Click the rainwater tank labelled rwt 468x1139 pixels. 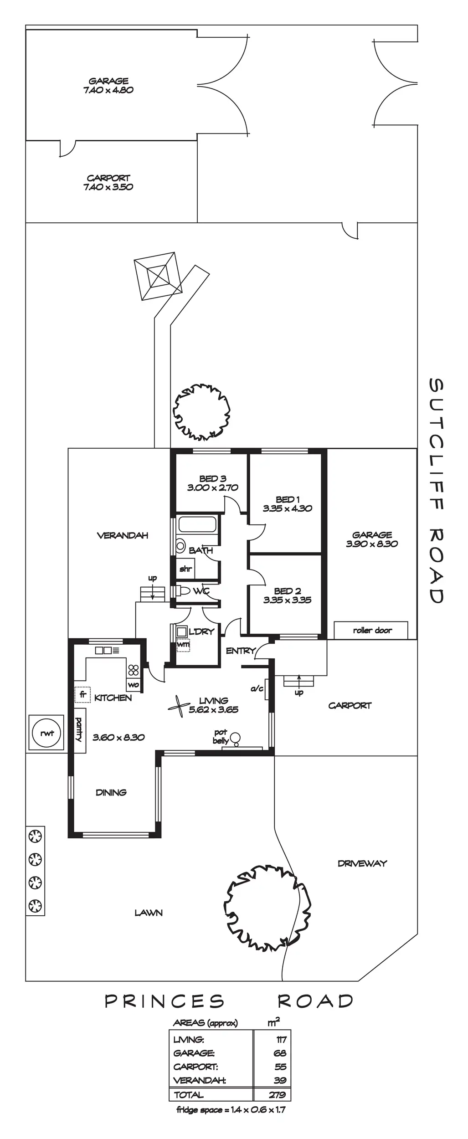pyautogui.click(x=46, y=733)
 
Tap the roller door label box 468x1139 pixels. pyautogui.click(x=372, y=631)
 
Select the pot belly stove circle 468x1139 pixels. pyautogui.click(x=236, y=737)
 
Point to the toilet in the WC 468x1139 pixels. pyautogui.click(x=183, y=591)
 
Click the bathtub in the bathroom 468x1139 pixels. pyautogui.click(x=197, y=524)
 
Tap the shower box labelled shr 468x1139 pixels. pyautogui.click(x=185, y=569)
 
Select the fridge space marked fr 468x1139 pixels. pyautogui.click(x=82, y=695)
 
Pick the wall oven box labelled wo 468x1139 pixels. pyautogui.click(x=134, y=685)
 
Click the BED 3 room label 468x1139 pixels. pyautogui.click(x=212, y=479)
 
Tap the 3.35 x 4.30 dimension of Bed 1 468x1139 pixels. pyautogui.click(x=287, y=508)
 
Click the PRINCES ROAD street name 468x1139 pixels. pyautogui.click(x=229, y=1001)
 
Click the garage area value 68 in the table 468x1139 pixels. pyautogui.click(x=279, y=1053)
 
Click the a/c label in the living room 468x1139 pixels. pyautogui.click(x=257, y=688)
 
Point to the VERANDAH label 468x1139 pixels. pyautogui.click(x=123, y=536)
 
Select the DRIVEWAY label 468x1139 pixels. pyautogui.click(x=362, y=863)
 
